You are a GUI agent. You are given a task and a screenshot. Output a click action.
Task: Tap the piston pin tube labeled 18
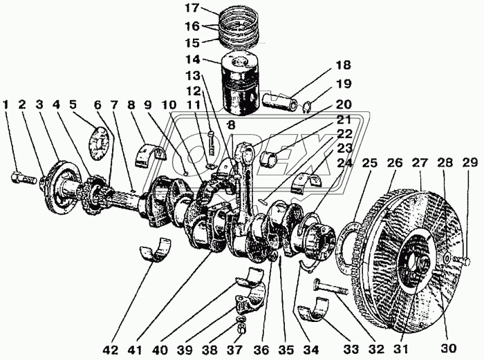click(x=284, y=99)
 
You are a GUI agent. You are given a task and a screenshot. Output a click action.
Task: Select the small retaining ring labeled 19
click(x=309, y=106)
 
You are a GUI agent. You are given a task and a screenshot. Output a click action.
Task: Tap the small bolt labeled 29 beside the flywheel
click(x=463, y=260)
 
